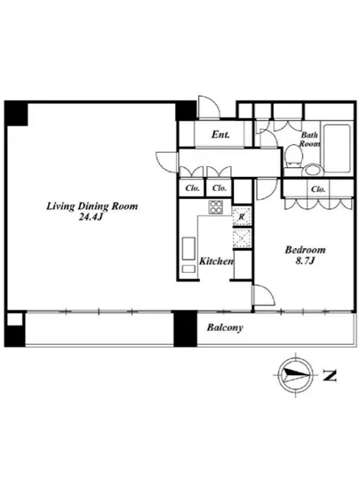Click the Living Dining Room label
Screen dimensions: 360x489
(x=92, y=206)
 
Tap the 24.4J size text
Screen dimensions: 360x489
(x=91, y=217)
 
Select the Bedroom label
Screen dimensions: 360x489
(x=305, y=250)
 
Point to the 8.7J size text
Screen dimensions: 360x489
(x=305, y=261)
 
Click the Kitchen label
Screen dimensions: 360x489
(x=216, y=261)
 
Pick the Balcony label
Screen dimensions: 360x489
(x=225, y=328)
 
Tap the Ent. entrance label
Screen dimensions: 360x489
(x=220, y=134)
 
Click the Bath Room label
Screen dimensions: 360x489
(x=310, y=140)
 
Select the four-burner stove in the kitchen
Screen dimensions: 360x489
(x=216, y=207)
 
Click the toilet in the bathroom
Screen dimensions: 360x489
(x=293, y=156)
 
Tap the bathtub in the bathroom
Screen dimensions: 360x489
(x=337, y=148)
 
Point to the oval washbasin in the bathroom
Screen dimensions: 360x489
(x=313, y=171)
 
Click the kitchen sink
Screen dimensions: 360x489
(x=188, y=249)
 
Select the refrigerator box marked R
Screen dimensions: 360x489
(x=242, y=216)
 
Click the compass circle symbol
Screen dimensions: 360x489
(x=295, y=374)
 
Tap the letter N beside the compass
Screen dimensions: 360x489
(x=330, y=376)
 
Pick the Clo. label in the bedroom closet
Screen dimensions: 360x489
(x=318, y=189)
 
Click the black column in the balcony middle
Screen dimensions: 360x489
(x=185, y=329)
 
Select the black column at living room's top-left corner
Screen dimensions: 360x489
(x=16, y=114)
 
